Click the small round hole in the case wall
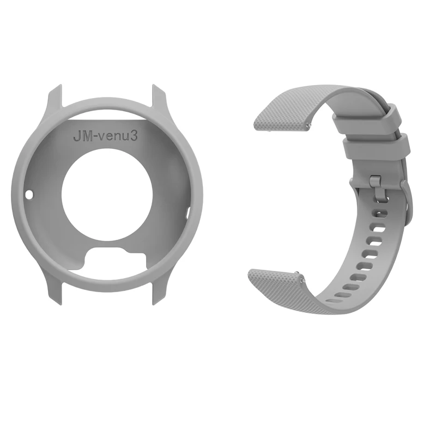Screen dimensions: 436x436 [x=28, y=193]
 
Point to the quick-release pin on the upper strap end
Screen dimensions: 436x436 [x=308, y=125]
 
